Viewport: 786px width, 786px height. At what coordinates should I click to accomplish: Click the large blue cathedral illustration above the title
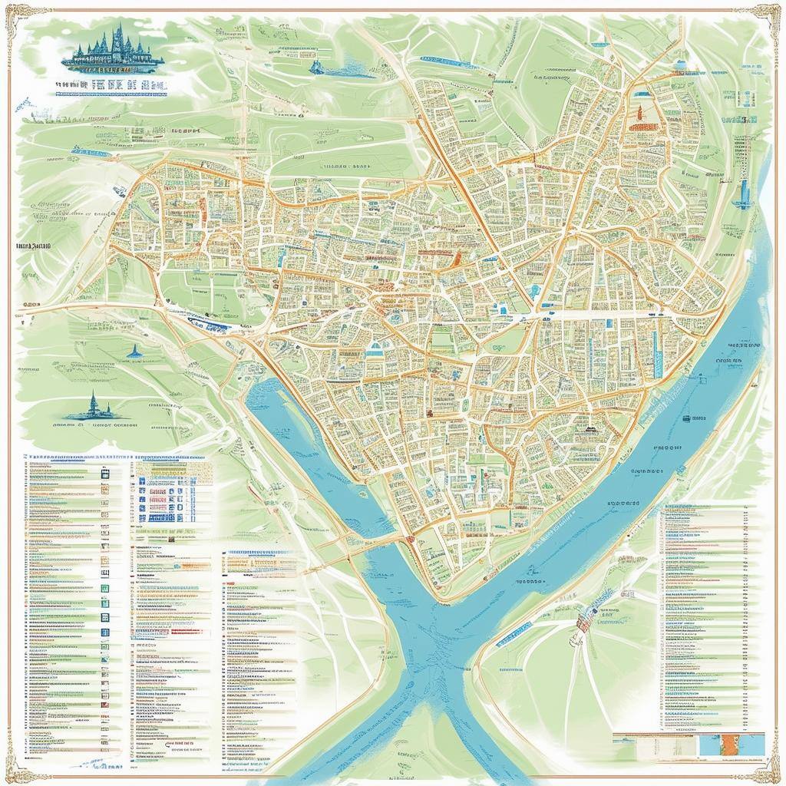[114, 49]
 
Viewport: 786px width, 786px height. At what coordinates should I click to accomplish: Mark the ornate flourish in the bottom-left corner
[17, 768]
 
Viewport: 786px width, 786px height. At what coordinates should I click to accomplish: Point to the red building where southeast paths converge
[583, 622]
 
